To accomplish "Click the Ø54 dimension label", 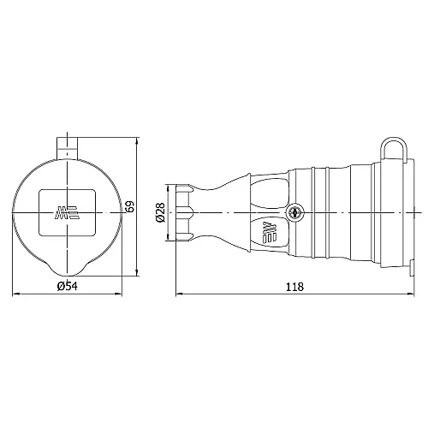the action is [x=68, y=286].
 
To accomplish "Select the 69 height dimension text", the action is [x=130, y=206].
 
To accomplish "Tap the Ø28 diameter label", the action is [x=160, y=212].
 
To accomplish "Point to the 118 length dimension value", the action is [x=294, y=287].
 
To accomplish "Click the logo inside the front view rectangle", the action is [x=66, y=212].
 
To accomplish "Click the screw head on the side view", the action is [x=295, y=212].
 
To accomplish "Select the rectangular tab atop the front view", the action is [x=68, y=148].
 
